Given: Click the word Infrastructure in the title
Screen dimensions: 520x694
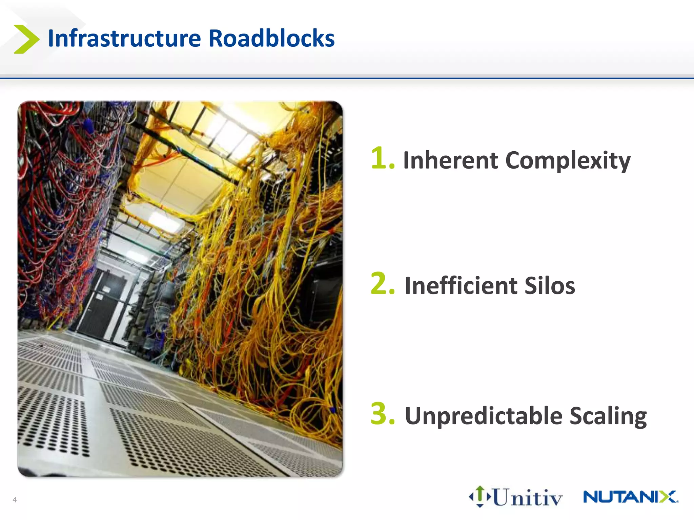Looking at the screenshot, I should coord(124,38).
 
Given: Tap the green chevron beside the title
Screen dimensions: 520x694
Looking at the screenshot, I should coord(26,39).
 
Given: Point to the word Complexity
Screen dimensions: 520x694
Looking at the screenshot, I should coord(568,161).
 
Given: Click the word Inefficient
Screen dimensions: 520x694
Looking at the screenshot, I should coord(461,286).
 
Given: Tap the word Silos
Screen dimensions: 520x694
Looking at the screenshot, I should coord(550,286).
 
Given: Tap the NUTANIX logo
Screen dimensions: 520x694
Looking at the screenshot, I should coord(630,497).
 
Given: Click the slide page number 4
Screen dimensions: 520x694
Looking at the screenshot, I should coord(15,500).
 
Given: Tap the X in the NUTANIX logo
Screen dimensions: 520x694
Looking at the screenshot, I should coord(668,497).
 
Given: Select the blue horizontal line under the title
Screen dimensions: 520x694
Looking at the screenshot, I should coord(347,79).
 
